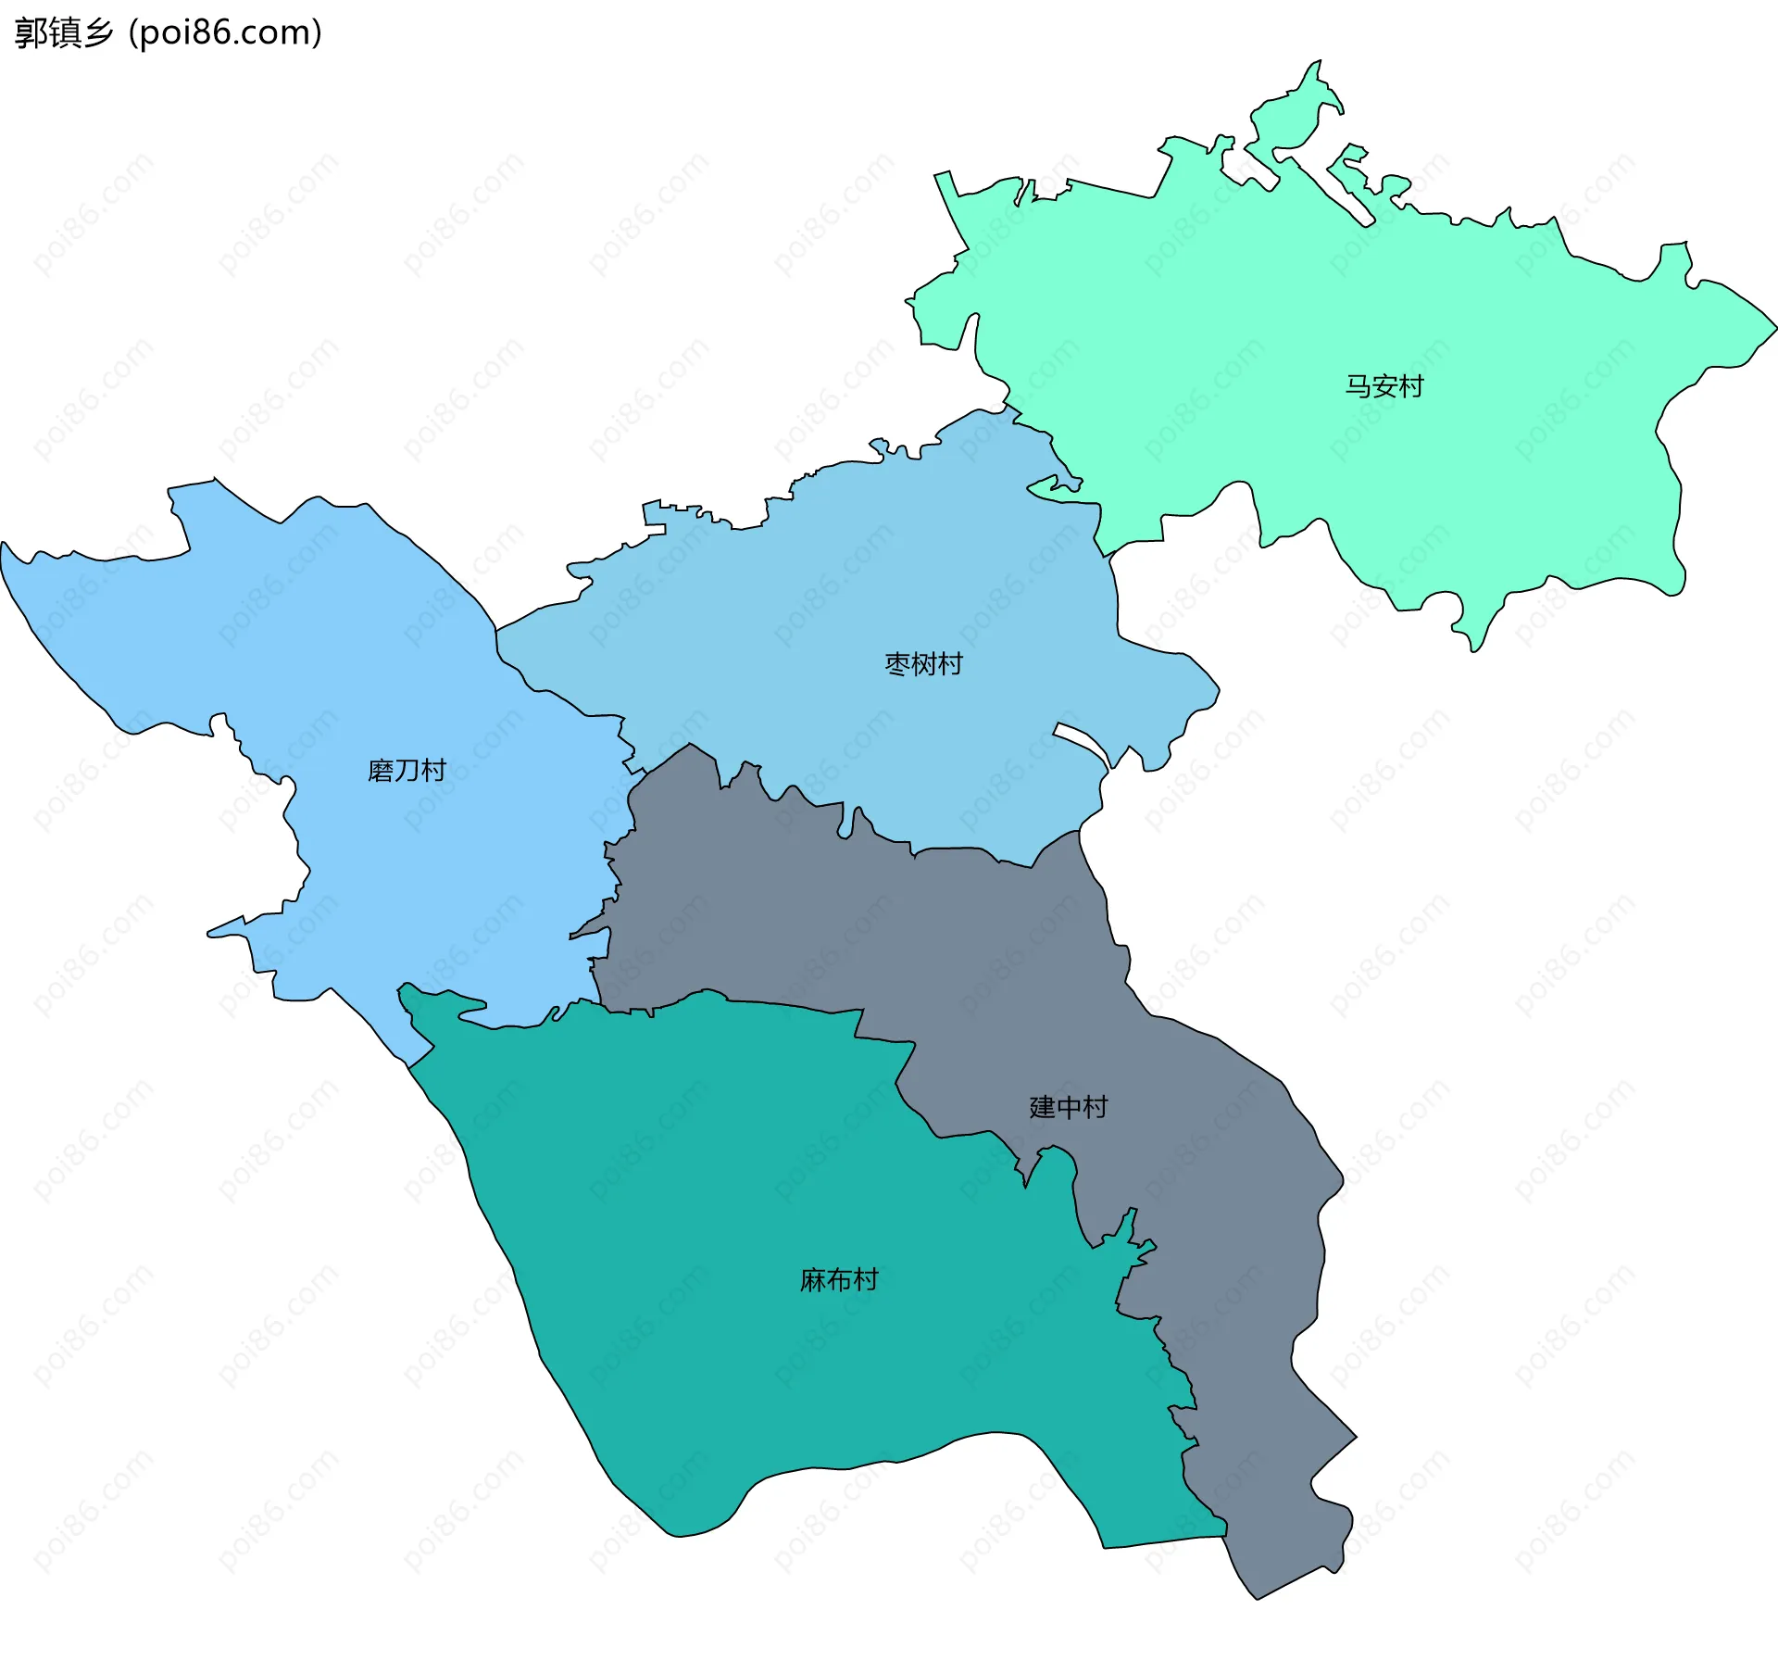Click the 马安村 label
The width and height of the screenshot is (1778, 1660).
tap(1384, 386)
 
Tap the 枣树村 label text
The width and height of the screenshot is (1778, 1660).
tap(923, 664)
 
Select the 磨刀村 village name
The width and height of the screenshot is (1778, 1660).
tap(407, 771)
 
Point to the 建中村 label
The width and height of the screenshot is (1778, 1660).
tap(1068, 1107)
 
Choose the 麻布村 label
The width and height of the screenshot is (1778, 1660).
tap(839, 1280)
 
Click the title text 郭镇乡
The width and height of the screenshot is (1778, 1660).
tap(64, 33)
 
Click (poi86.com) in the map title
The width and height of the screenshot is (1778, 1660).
tap(226, 33)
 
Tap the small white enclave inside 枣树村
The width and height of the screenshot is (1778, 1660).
tap(1082, 742)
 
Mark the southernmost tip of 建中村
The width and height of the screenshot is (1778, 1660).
tap(1257, 1598)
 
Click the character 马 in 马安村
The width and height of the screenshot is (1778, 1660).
tap(1358, 386)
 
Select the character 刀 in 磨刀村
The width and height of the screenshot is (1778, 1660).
tap(407, 771)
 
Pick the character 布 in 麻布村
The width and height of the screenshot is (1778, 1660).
tap(839, 1280)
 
